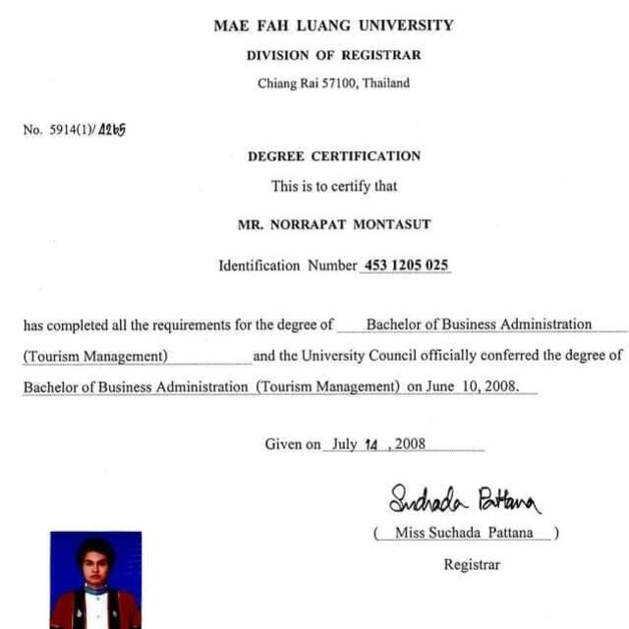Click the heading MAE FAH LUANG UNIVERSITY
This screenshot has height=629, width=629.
pos(333,26)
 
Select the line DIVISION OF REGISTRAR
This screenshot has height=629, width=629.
pos(333,56)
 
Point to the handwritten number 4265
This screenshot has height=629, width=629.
pos(114,128)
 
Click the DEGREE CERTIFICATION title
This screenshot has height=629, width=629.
pos(333,156)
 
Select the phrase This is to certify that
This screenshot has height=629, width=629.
pos(333,186)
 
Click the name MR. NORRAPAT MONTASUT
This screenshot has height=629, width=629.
pos(334,225)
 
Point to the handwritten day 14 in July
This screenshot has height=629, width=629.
pos(371,444)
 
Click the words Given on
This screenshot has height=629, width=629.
pos(292,444)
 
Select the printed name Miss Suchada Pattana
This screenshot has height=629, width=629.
pos(465,533)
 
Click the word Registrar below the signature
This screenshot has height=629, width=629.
pos(472,565)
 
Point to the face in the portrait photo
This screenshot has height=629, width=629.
pos(95,563)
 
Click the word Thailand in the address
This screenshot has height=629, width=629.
pos(385,84)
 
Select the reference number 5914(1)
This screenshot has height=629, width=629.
pos(73,130)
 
